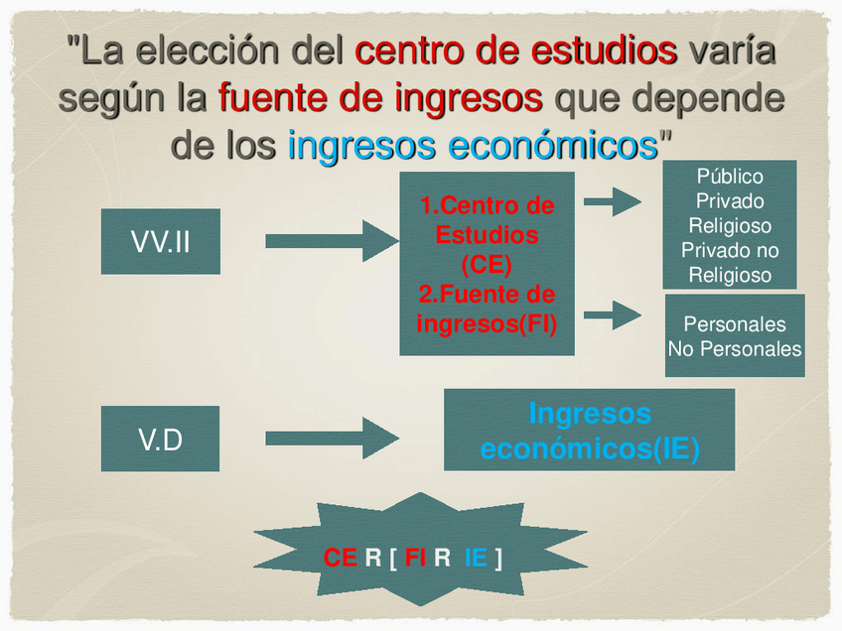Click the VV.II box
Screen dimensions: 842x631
[160, 241]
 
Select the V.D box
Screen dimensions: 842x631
[160, 439]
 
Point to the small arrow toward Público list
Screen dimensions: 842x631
[612, 202]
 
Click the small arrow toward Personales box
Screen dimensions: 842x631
[612, 315]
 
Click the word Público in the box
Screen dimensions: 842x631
[730, 177]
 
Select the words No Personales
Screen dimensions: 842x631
[734, 349]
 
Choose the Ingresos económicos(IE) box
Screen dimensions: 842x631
[589, 431]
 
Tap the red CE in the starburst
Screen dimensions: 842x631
[341, 558]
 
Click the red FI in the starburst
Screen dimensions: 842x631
[415, 558]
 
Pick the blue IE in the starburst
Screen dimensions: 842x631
[476, 558]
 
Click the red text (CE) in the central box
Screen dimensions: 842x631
[487, 265]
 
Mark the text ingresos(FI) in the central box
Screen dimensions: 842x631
[487, 323]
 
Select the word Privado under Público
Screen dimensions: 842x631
[730, 201]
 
